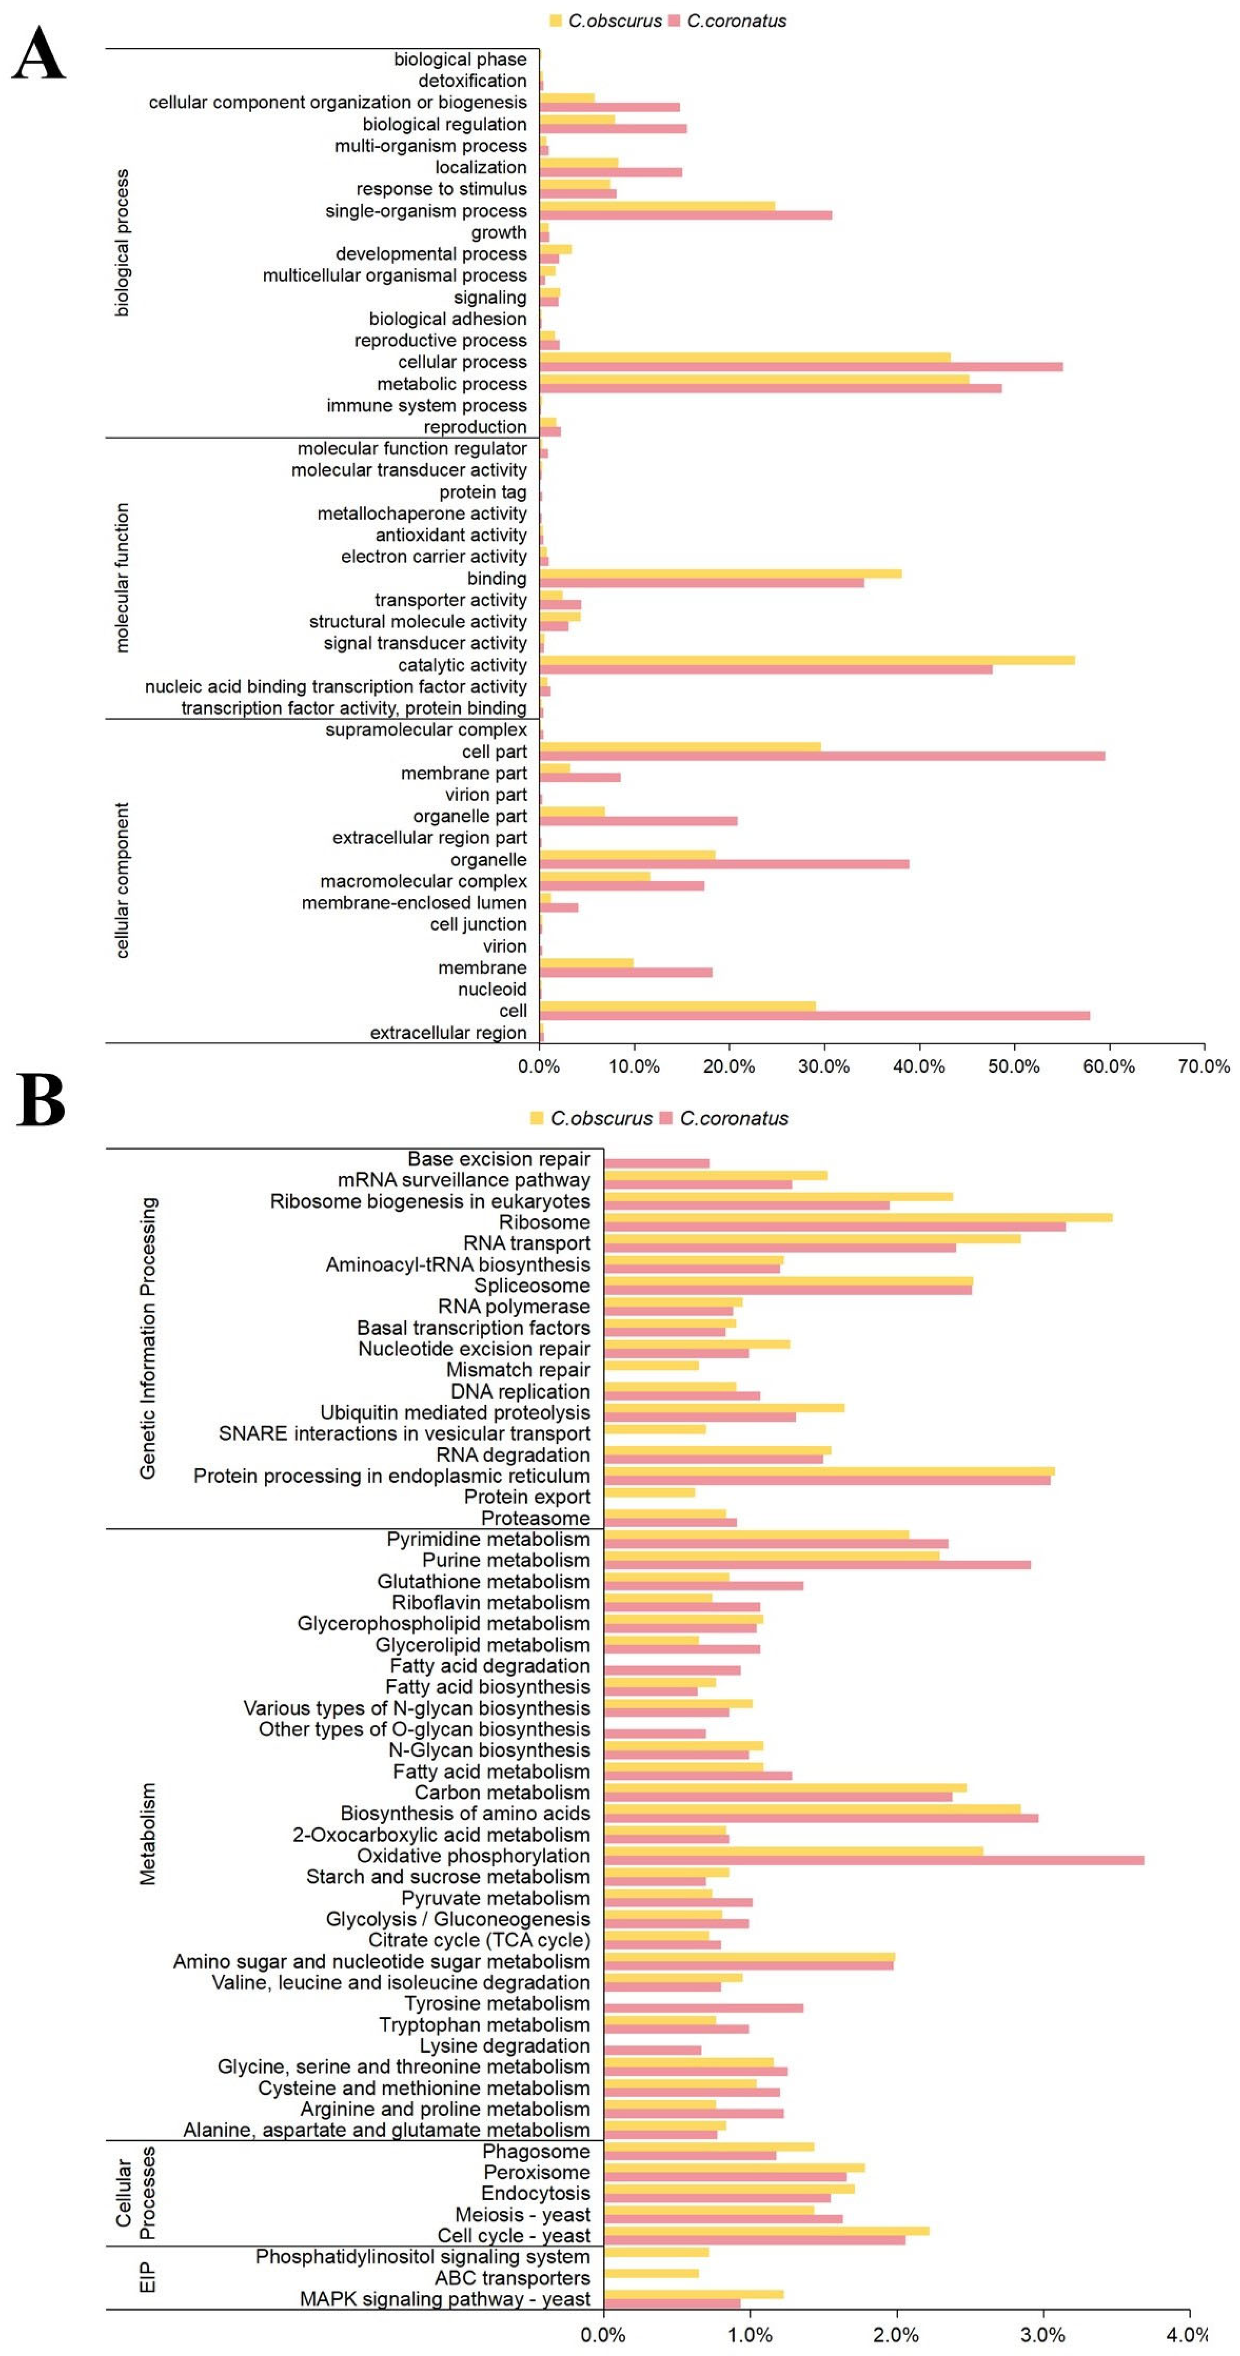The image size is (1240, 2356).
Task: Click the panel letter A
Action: click(x=38, y=53)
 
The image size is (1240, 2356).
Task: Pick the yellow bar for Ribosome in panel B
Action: click(x=858, y=1217)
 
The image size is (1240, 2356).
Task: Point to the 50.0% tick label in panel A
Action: click(x=1013, y=1066)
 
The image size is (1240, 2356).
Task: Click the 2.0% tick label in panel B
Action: click(x=896, y=2335)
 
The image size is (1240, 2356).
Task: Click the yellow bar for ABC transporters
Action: click(x=651, y=2273)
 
